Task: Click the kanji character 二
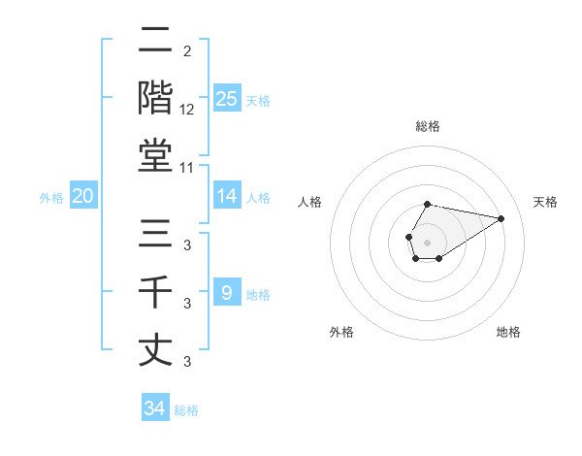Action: point(155,40)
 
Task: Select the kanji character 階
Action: point(155,97)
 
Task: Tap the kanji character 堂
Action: point(155,154)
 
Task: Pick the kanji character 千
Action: point(155,291)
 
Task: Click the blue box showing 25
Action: point(226,98)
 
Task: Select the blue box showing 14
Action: point(226,196)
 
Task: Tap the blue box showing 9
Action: point(226,292)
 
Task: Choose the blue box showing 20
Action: point(83,196)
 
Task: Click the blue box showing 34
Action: point(154,408)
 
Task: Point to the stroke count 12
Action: point(187,110)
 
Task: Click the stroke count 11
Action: point(187,168)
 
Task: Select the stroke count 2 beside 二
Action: point(186,51)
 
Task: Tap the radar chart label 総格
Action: point(428,126)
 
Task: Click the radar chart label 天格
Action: point(545,202)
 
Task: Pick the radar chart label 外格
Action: point(341,332)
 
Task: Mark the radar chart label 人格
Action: point(310,202)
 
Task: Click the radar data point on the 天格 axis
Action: point(501,217)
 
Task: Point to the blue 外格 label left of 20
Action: point(51,198)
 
